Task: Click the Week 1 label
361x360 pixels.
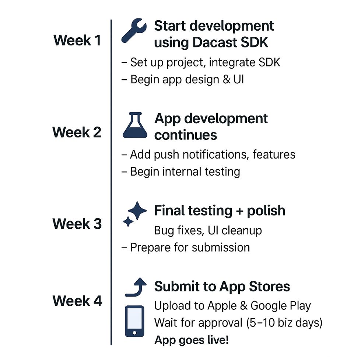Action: [77, 40]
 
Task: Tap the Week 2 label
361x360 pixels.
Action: [77, 132]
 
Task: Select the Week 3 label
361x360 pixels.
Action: [77, 224]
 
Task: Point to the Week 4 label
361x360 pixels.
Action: [77, 301]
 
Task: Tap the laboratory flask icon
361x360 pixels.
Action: [135, 125]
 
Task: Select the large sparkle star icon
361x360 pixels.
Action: [137, 210]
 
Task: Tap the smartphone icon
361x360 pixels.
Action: [134, 321]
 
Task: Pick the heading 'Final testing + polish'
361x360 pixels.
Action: [220, 211]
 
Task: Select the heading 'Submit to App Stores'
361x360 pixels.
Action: [222, 287]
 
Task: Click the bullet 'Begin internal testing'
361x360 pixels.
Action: [181, 172]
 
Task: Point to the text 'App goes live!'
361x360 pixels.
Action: [192, 340]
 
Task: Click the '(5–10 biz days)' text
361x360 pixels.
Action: [284, 323]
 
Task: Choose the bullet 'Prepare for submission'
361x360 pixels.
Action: [186, 247]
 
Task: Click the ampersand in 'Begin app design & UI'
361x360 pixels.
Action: [227, 80]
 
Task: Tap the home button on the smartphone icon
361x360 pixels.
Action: [134, 333]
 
